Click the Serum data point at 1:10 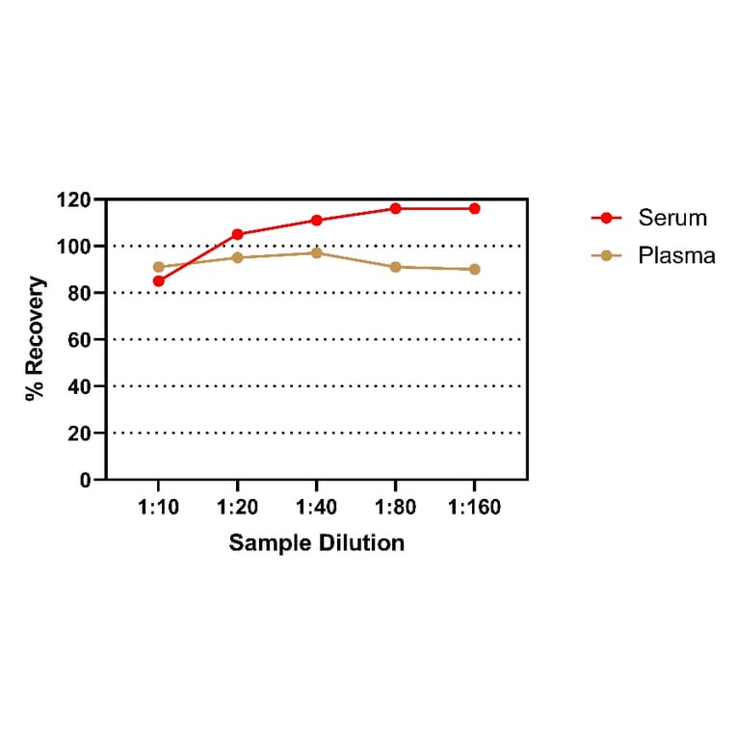[x=158, y=281]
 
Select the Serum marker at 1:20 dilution [x=237, y=234]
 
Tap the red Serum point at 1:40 [x=316, y=221]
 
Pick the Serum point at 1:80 [x=395, y=208]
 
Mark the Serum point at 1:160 [x=474, y=208]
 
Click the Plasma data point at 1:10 [x=158, y=267]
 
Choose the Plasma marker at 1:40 [x=316, y=252]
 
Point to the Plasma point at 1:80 [x=395, y=267]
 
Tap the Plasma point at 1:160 [x=474, y=269]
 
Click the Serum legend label [x=672, y=218]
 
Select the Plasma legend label [x=676, y=255]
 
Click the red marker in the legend [x=607, y=218]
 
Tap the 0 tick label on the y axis [x=85, y=480]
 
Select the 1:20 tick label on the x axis [x=237, y=507]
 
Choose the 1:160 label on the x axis [x=473, y=507]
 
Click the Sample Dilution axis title [x=316, y=542]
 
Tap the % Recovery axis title [x=35, y=339]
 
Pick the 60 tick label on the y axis [x=81, y=340]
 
